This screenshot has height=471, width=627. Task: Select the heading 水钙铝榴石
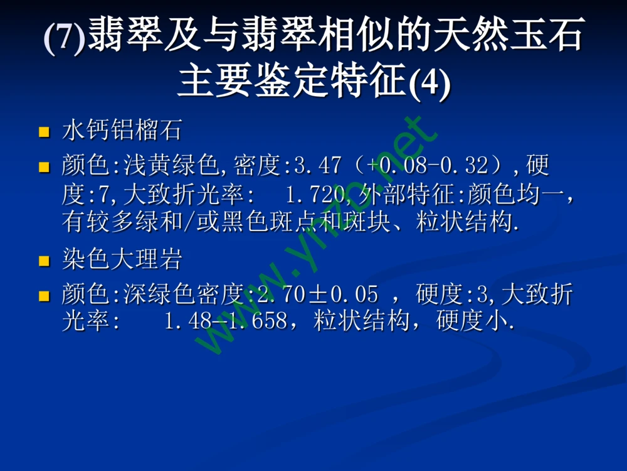point(122,131)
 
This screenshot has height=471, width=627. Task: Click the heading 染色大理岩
point(122,259)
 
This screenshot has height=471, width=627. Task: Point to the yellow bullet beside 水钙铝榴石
point(44,133)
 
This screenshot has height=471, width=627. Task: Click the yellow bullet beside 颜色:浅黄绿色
point(44,167)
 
